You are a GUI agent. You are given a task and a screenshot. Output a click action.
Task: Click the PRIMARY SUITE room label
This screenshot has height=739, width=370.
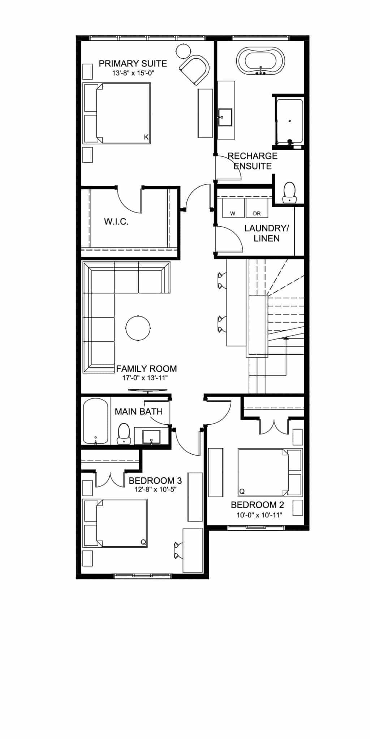[x=133, y=64]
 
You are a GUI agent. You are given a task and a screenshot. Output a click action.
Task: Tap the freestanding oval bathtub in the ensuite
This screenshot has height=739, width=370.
[x=261, y=62]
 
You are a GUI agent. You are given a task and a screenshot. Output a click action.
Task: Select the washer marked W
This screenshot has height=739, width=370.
[x=233, y=208]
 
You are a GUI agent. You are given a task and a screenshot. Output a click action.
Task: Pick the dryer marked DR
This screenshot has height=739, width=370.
[x=257, y=208]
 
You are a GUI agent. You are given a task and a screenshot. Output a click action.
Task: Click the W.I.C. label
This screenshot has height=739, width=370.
[x=116, y=222]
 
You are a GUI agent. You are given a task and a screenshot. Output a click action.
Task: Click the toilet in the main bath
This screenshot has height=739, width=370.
[x=124, y=433]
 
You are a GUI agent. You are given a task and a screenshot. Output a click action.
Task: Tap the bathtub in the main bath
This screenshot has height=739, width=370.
[x=95, y=421]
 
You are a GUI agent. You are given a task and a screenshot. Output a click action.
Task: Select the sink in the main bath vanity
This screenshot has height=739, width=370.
[x=151, y=437]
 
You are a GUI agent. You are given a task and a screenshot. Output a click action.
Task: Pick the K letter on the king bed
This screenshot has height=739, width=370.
[x=146, y=137]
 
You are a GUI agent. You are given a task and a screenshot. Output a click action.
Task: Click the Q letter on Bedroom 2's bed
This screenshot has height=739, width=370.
[x=242, y=491]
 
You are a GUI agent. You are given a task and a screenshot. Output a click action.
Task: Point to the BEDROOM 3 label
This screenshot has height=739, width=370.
[x=155, y=481]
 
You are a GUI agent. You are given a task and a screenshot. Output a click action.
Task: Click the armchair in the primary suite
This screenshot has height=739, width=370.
[x=195, y=70]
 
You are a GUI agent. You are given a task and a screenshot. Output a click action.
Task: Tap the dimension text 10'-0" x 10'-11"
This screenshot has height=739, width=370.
[x=259, y=515]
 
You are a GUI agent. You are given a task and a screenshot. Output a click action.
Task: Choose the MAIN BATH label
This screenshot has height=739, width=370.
[x=139, y=411]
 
